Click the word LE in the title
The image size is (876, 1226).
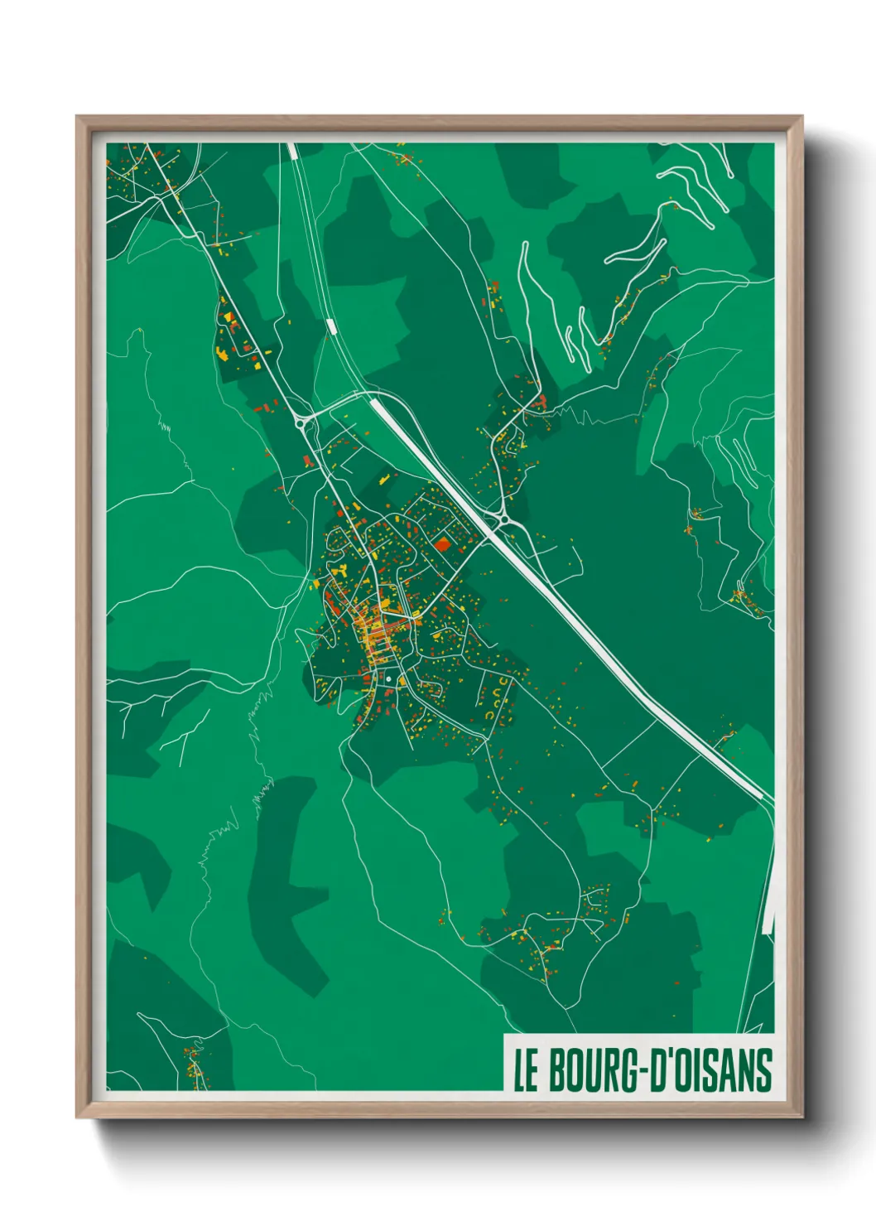pyautogui.click(x=526, y=1070)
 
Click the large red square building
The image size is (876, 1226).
pyautogui.click(x=443, y=544)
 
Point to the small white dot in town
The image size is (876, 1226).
pyautogui.click(x=387, y=679)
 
